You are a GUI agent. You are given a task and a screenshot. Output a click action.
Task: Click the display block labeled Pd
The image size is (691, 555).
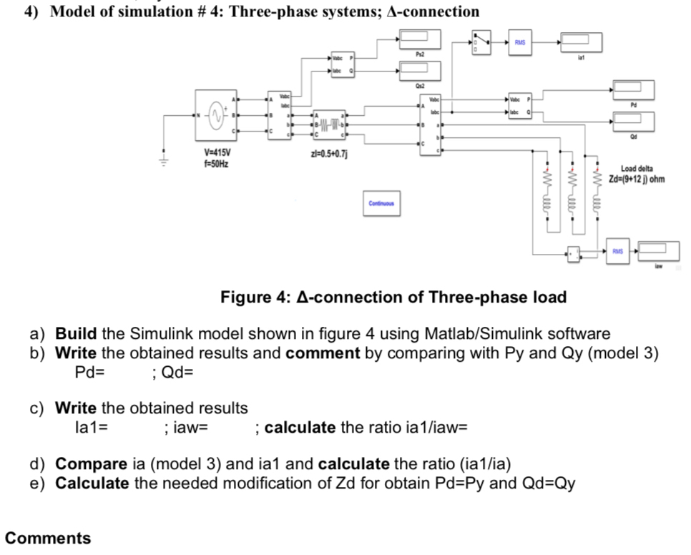(632, 90)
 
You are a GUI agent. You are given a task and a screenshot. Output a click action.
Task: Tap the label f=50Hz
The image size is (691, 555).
(217, 164)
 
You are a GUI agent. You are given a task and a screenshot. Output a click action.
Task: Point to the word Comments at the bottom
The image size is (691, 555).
(48, 538)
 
